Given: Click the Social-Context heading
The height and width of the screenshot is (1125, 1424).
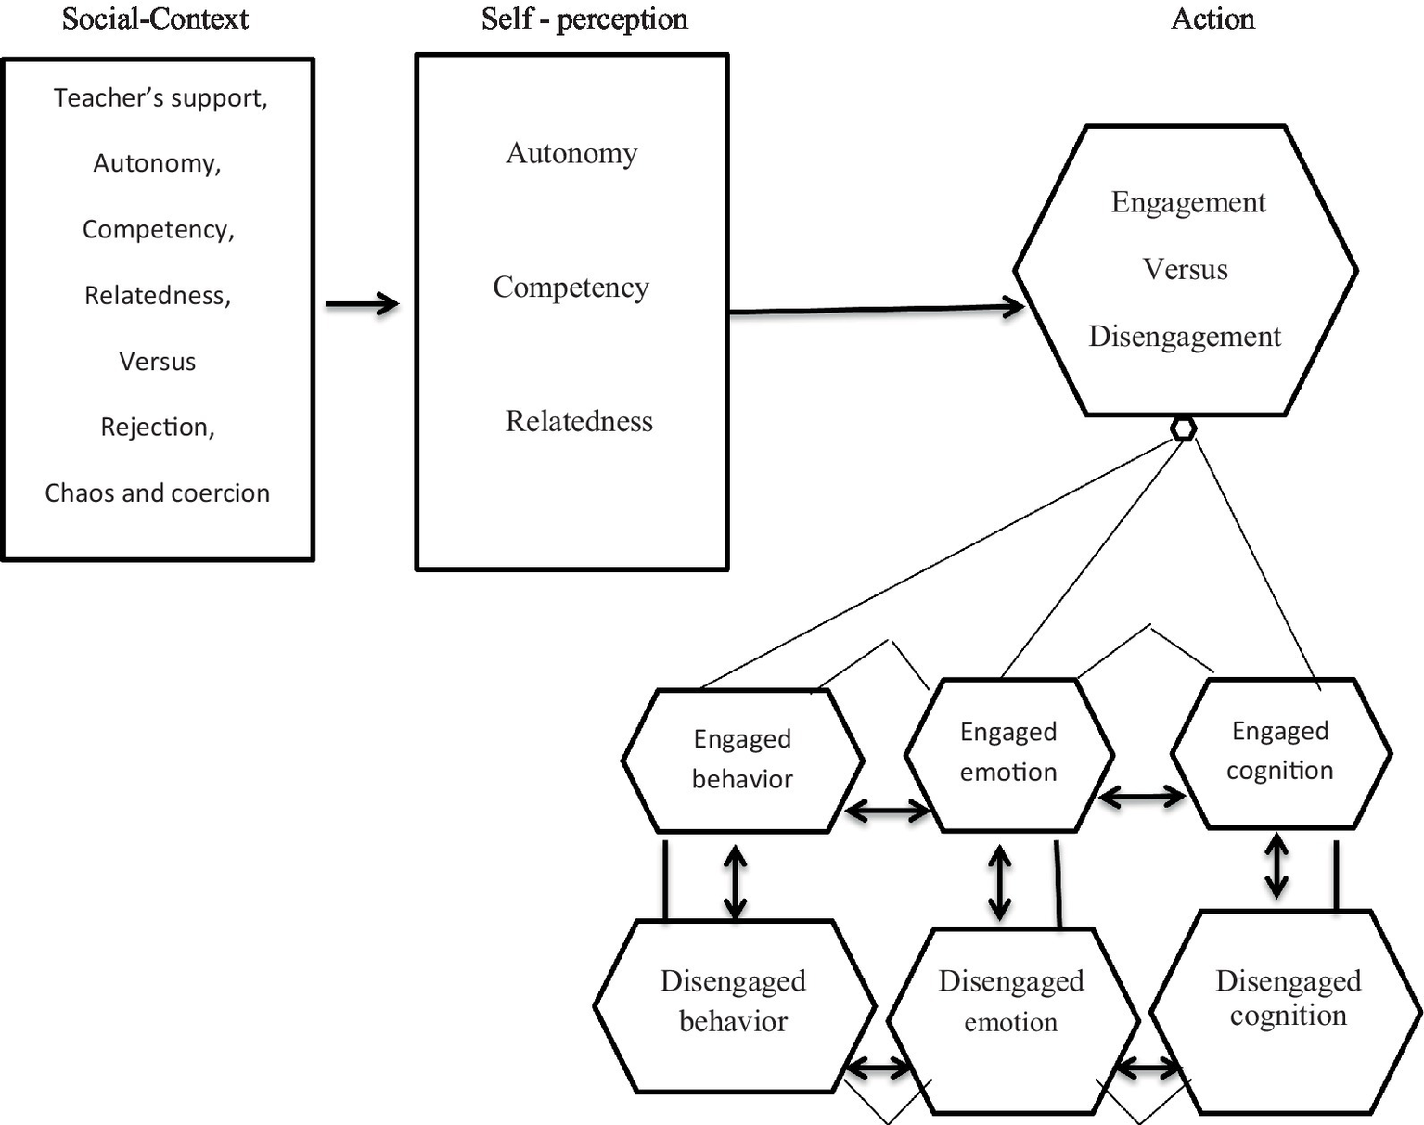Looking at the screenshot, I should (x=155, y=19).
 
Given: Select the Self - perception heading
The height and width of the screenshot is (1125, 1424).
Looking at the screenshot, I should (x=584, y=19).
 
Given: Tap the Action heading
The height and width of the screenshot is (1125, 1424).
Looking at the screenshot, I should (x=1212, y=19).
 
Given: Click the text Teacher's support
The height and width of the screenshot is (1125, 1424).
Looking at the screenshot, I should (x=160, y=98).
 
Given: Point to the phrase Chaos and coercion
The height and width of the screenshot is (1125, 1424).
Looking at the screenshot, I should (x=158, y=492).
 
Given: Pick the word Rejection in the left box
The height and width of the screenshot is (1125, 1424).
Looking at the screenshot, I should (x=157, y=427).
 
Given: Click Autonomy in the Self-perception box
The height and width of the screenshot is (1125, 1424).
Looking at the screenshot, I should (x=571, y=153).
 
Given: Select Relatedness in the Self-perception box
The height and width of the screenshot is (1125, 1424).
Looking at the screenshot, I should (x=579, y=422).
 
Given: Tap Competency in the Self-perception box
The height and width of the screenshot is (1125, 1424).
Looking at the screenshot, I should (x=571, y=288).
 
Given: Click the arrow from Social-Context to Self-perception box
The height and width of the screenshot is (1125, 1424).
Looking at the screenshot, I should (x=362, y=303).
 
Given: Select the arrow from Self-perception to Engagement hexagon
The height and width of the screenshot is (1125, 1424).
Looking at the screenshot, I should (x=877, y=310).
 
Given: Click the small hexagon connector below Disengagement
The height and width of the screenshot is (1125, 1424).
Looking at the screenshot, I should (x=1183, y=428).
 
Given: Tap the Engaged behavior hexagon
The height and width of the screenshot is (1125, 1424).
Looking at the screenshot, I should (x=742, y=760).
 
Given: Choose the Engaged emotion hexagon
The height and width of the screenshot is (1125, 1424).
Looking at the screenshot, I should (x=1008, y=752).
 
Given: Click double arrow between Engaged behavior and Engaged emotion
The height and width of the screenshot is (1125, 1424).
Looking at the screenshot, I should (x=888, y=812).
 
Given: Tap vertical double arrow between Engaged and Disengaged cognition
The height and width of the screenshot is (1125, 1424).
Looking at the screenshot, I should (x=1276, y=865).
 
